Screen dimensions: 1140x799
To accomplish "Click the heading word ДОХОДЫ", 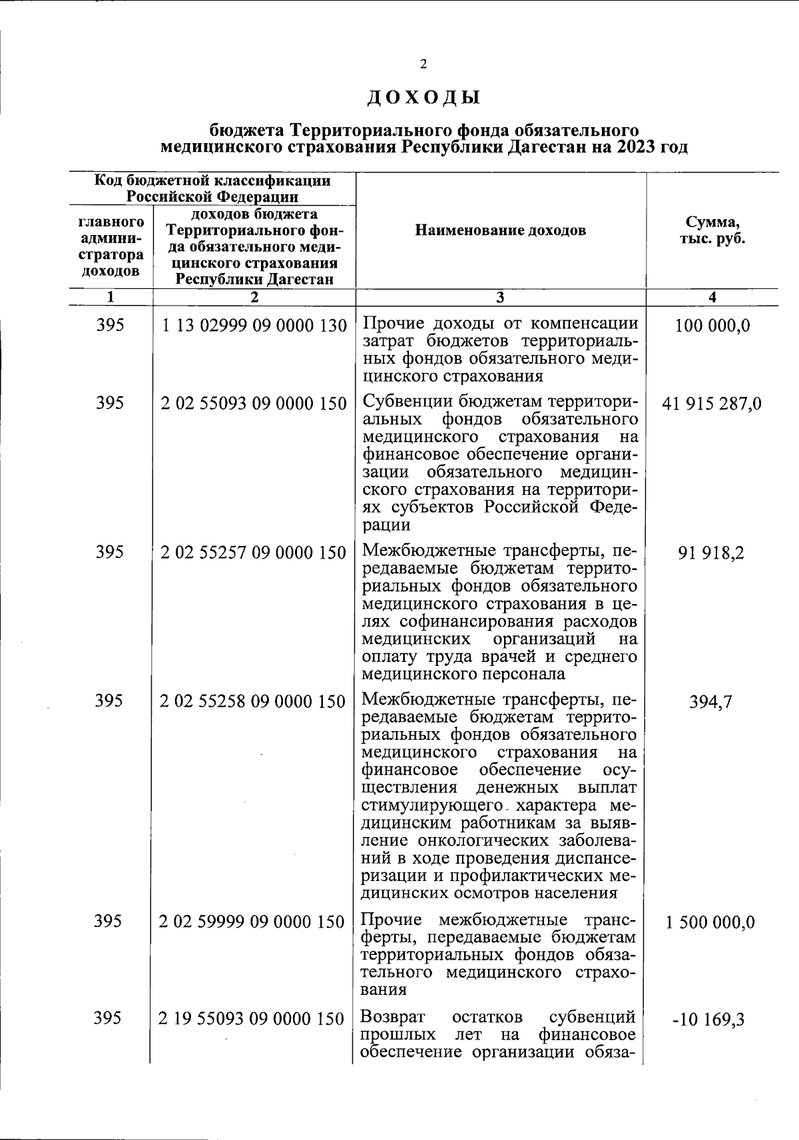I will (423, 98).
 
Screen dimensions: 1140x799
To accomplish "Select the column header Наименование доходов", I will (500, 230).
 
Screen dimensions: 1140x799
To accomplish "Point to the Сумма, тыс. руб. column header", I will (712, 230).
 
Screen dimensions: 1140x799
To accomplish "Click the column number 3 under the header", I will (500, 298).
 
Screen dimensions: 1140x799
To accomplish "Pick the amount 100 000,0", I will (712, 326).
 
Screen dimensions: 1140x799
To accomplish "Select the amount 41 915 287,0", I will (712, 404).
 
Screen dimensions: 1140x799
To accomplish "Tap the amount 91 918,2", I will (712, 553).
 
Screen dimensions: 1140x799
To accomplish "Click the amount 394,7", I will (712, 702).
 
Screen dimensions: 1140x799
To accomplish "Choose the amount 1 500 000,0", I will (712, 922).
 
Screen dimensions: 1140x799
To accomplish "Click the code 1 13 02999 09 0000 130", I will (254, 326).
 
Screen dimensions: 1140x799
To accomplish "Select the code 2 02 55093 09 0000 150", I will (254, 404).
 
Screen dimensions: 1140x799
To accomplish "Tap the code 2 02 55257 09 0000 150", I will (254, 553).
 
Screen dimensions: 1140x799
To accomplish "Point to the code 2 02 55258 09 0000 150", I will (254, 702).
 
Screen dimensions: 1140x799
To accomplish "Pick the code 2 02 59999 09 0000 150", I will (254, 922).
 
